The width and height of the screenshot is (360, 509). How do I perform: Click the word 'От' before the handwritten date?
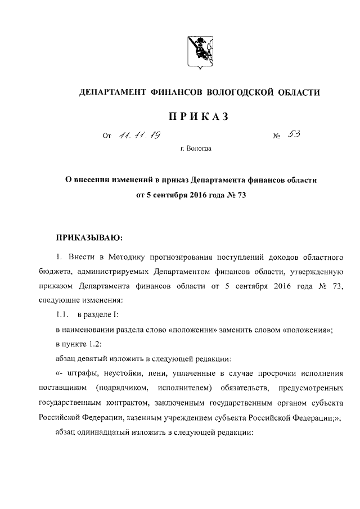pos(107,136)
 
